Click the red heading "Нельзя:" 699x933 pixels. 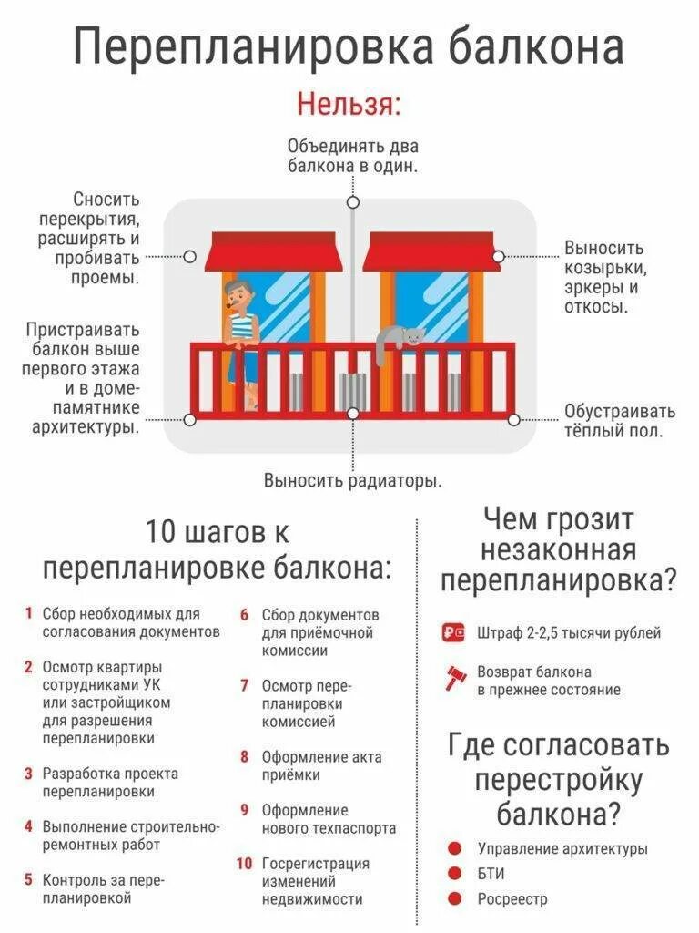(x=349, y=104)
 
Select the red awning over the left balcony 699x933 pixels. (x=273, y=252)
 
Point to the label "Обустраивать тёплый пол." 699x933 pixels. (x=618, y=421)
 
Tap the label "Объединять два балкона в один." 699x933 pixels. (x=352, y=156)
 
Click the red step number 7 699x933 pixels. (x=245, y=685)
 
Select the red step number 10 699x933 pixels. (x=244, y=863)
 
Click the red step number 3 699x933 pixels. (x=28, y=774)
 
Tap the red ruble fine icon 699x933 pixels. (x=453, y=632)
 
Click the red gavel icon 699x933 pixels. (x=453, y=680)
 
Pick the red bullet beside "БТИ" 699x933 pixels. (x=454, y=873)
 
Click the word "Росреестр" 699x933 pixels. (x=512, y=899)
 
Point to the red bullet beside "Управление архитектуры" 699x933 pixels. (x=454, y=847)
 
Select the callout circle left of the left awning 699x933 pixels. (x=189, y=257)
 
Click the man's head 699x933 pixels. (x=237, y=293)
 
